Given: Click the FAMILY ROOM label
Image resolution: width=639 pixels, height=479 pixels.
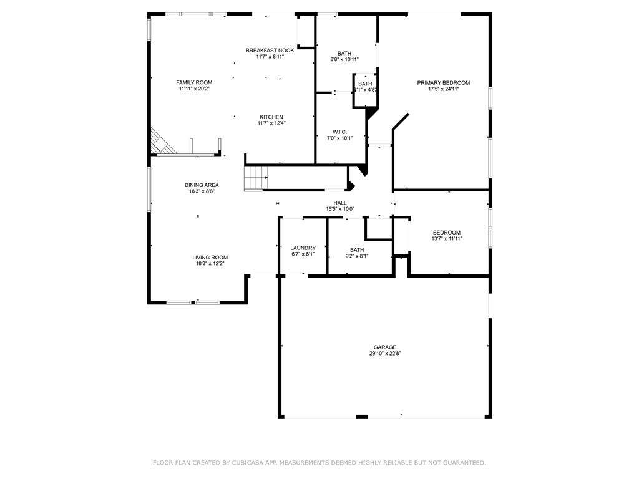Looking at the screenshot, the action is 194,83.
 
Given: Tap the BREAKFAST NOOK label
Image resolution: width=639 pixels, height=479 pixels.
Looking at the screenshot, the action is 270,51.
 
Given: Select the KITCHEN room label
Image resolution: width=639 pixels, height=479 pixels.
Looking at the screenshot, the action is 271,117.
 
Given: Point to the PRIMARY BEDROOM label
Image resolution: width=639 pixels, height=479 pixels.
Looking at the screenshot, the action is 444,83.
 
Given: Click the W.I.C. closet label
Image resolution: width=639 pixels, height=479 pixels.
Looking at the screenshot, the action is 340,132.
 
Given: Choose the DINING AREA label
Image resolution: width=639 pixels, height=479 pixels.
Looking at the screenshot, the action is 202,185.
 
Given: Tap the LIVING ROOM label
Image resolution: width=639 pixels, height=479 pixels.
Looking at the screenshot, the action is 210,258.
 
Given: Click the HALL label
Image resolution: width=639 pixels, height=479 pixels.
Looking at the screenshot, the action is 340,203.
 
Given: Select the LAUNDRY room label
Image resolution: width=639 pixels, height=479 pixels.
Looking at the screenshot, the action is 303,248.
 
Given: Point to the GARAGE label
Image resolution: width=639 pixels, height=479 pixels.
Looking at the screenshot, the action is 384,347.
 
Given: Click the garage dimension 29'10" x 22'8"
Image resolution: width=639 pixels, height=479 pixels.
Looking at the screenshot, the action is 384,354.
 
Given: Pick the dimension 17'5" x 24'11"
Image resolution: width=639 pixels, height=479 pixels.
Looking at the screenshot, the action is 444,89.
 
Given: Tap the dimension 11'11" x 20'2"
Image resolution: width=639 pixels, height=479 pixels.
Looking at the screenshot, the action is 194,89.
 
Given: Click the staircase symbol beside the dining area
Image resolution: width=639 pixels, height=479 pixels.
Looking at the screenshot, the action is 256,178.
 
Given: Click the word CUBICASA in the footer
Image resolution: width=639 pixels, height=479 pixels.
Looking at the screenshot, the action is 246,463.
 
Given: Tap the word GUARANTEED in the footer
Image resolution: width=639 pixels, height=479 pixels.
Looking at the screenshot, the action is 465,463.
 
